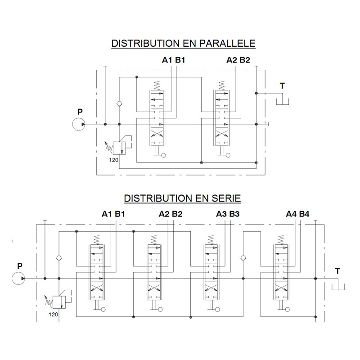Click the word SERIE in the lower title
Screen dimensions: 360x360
[x=226, y=198]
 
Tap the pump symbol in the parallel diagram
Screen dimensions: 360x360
[x=78, y=124]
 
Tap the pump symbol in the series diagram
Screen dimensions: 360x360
[x=18, y=279]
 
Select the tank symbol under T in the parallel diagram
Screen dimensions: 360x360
[x=283, y=102]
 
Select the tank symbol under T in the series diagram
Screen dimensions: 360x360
[x=338, y=287]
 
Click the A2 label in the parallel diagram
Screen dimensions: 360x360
[x=231, y=60]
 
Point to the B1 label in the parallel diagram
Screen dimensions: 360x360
[x=180, y=60]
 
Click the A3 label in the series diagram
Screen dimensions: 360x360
[x=221, y=214]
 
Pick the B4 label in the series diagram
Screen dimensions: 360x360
[x=304, y=214]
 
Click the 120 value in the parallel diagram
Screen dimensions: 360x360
[x=114, y=160]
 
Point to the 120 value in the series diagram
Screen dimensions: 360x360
[x=53, y=314]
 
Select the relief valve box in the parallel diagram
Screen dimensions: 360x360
[x=119, y=148]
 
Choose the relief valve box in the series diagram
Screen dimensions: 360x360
[x=59, y=302]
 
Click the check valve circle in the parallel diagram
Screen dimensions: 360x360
[x=119, y=104]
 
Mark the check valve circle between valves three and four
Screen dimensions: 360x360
[x=243, y=258]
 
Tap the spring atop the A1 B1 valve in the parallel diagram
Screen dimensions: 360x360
[x=157, y=85]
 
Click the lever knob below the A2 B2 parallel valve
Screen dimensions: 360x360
[x=228, y=155]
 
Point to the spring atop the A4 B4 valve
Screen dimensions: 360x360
[x=281, y=240]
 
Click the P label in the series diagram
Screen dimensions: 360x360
[x=20, y=266]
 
